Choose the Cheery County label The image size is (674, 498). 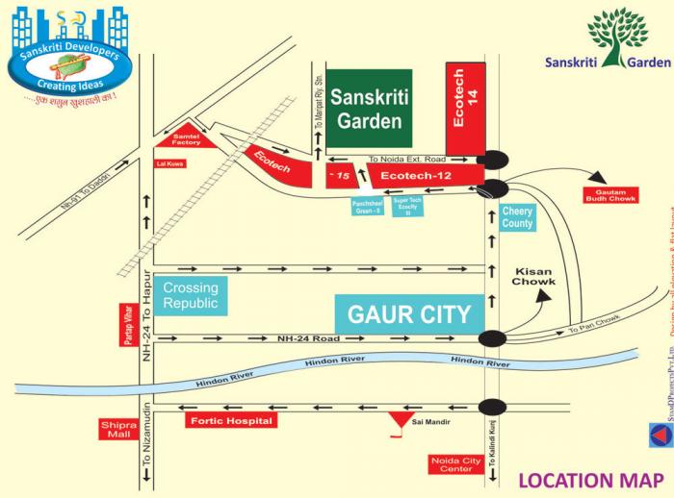click(517, 218)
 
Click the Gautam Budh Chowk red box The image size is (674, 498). click(610, 194)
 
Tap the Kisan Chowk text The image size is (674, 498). click(533, 276)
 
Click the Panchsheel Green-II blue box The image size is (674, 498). click(367, 206)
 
